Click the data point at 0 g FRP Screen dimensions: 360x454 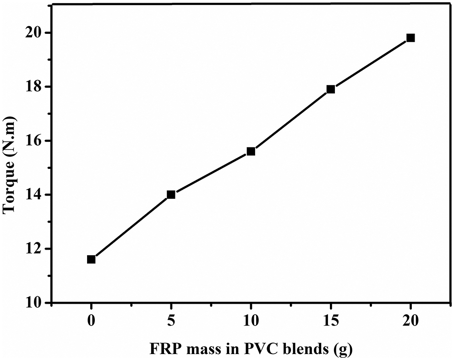pos(91,259)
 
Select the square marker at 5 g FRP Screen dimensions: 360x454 pos(171,194)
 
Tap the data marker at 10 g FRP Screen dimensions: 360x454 pos(251,151)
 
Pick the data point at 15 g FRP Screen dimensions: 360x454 pos(331,89)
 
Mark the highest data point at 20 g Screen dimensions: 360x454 pos(410,38)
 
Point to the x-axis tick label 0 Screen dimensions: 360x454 pos(91,321)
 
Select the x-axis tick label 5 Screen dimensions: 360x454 pos(171,321)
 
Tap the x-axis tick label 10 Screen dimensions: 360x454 pos(251,321)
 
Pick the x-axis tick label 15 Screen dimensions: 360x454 pos(331,321)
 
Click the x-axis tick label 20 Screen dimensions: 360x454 pos(410,321)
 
